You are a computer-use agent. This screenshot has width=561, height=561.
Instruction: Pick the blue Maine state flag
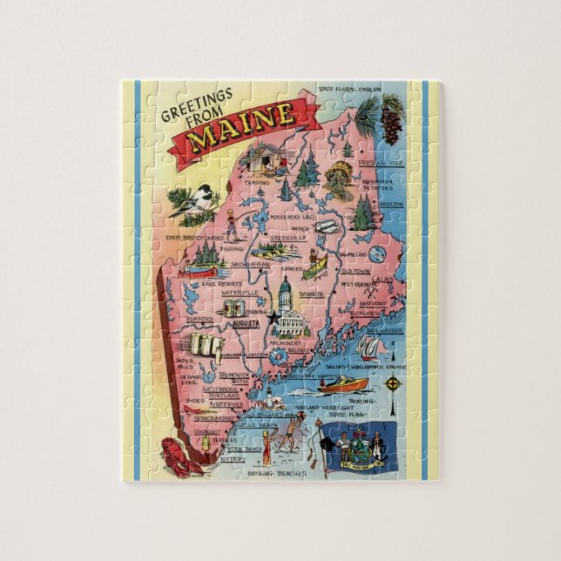coord(359,446)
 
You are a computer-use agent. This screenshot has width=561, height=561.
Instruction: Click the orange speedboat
coord(342,383)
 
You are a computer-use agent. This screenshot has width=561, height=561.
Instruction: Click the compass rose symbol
coord(376,254)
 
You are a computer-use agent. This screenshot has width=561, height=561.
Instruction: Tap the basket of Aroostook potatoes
coord(338,185)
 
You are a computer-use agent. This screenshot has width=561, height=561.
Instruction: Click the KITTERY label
coord(233,458)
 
